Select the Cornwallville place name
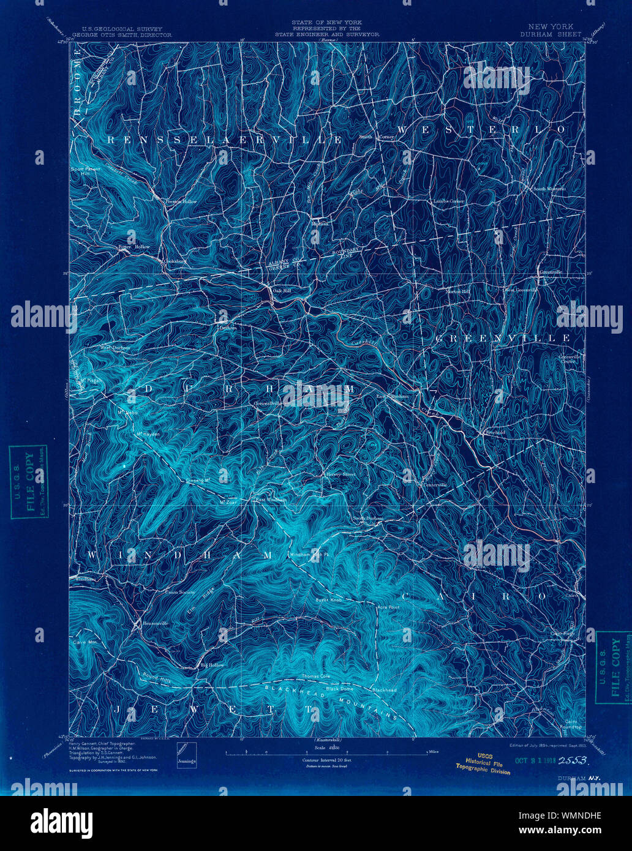click(268, 403)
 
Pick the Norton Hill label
click(457, 291)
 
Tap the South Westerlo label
click(549, 189)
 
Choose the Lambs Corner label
click(449, 201)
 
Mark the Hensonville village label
click(150, 623)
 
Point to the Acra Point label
click(388, 607)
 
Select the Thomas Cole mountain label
click(316, 677)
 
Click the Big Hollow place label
click(213, 665)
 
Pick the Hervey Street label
click(340, 474)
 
